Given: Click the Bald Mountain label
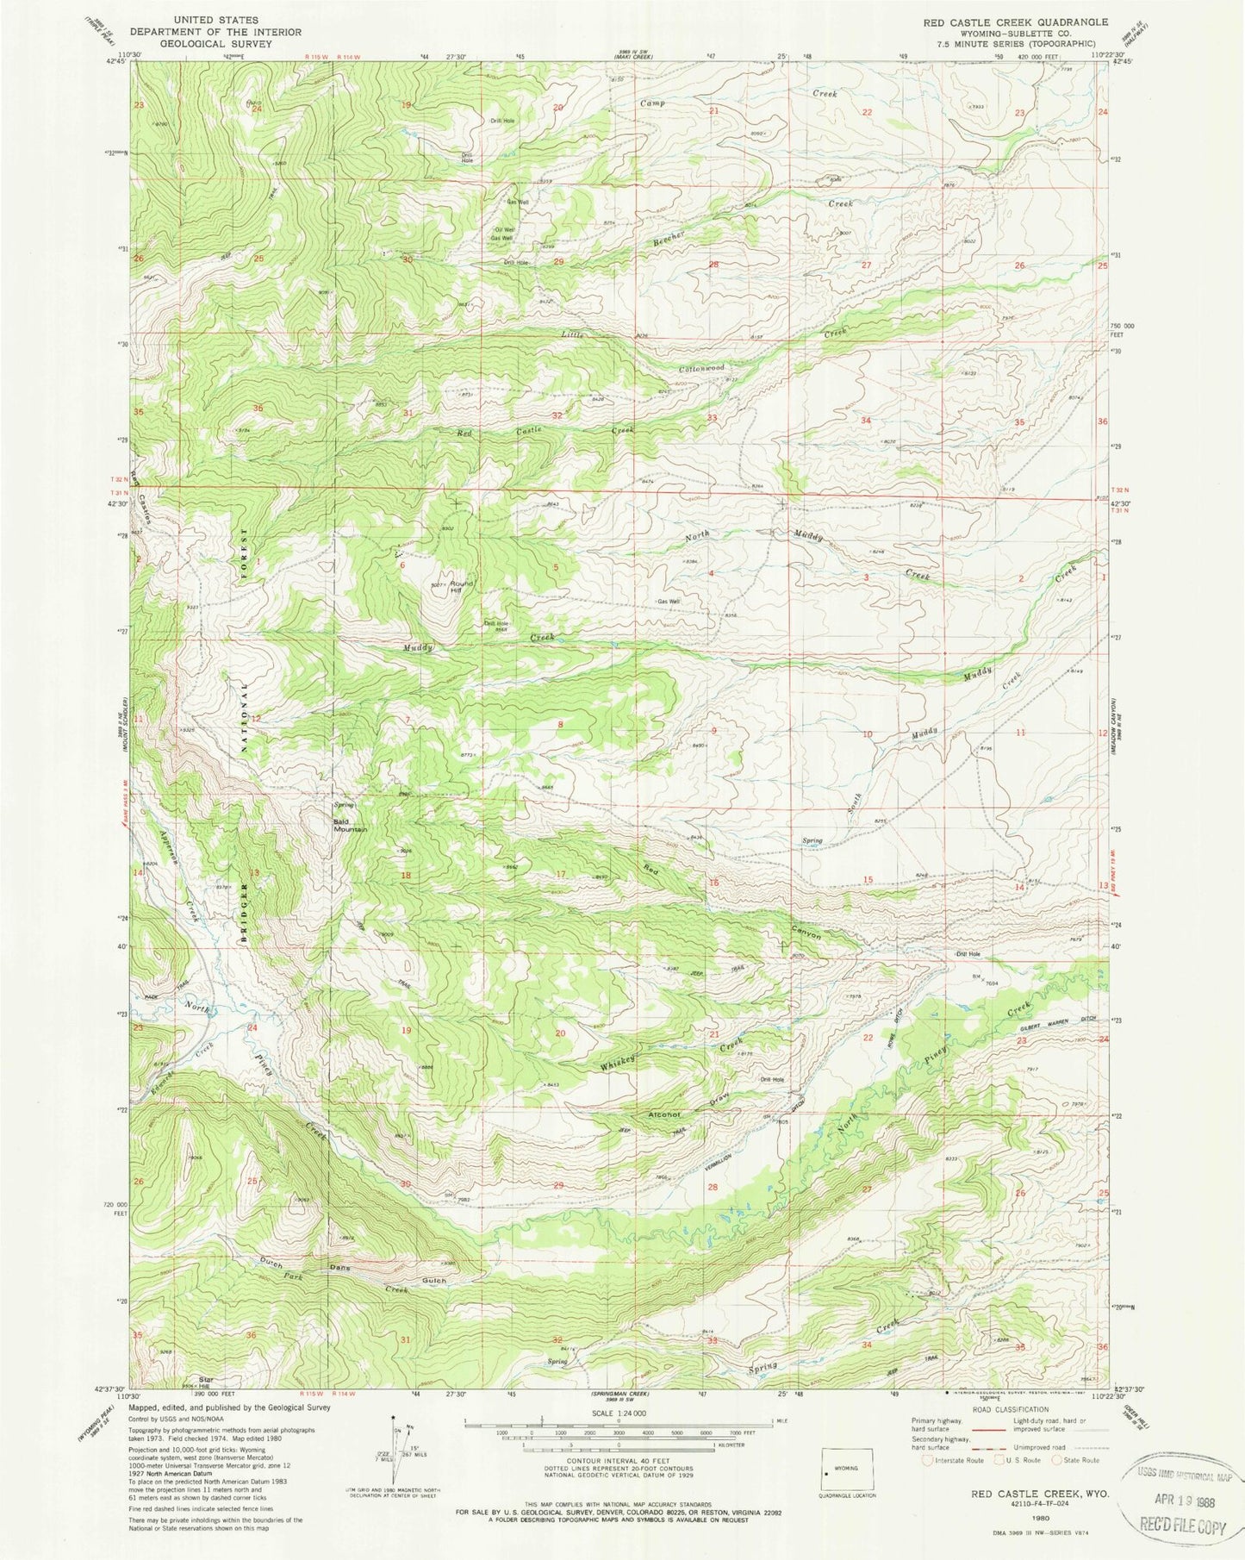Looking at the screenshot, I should (351, 826).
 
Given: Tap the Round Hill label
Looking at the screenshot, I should (457, 588).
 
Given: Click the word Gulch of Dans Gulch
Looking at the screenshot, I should (434, 1281).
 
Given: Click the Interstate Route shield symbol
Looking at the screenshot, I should (927, 1460).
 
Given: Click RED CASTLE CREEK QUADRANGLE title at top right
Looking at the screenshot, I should (1018, 22).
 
